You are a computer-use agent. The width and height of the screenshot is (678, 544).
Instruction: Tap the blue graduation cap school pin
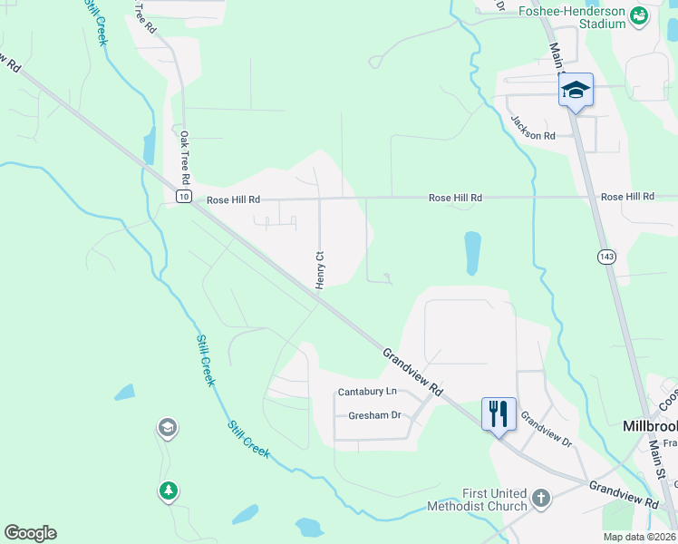click(575, 90)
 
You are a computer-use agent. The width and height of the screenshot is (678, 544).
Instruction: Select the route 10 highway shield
click(183, 197)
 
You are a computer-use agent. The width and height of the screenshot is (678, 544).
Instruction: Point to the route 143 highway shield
click(604, 257)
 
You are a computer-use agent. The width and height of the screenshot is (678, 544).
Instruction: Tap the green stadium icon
click(639, 15)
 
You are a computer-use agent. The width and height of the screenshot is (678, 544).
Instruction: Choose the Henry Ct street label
click(320, 270)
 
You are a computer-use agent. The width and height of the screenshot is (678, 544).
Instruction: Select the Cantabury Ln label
click(367, 392)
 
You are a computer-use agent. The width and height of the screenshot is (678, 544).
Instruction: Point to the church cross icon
click(540, 498)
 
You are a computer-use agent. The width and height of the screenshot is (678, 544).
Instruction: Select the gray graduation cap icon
click(166, 426)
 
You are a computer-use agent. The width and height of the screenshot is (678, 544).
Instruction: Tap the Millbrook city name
click(649, 425)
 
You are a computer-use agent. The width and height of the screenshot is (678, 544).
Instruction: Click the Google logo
click(30, 533)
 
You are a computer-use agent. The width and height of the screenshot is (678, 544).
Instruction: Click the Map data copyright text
click(639, 537)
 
